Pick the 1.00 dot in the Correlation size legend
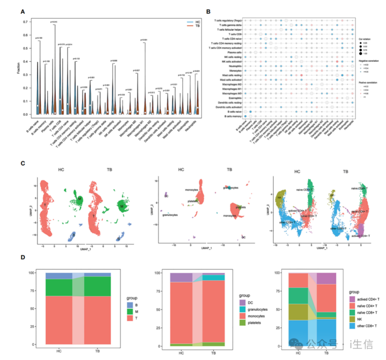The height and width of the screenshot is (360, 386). (x=362, y=53)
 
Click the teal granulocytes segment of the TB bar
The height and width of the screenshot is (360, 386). (x=213, y=278)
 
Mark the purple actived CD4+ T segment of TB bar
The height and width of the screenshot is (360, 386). (x=326, y=278)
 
